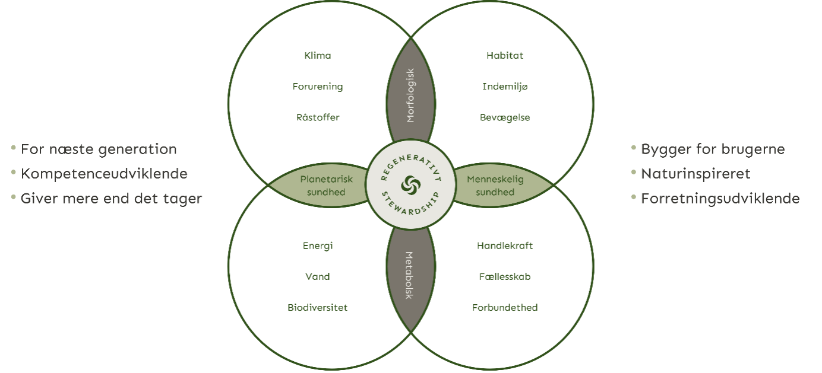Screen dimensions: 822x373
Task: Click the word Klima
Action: point(317,55)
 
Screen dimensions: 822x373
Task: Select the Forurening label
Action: point(317,87)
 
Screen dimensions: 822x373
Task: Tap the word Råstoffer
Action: point(318,117)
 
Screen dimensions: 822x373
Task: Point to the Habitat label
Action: point(505,55)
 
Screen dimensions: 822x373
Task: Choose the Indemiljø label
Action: point(505,87)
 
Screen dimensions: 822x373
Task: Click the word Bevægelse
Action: point(505,117)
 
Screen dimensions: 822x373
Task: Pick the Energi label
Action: point(317,246)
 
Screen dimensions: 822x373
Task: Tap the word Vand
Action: point(317,276)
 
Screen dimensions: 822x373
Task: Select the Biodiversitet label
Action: point(317,307)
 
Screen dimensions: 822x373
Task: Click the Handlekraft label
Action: point(505,246)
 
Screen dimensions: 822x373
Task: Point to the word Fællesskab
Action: point(505,276)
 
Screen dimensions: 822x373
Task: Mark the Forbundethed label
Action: point(505,307)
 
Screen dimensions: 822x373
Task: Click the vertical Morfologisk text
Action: point(410,95)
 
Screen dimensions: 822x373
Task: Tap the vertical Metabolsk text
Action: point(409,275)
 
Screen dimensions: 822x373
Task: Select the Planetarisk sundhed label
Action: point(326,186)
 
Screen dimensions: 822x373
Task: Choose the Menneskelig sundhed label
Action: point(495,186)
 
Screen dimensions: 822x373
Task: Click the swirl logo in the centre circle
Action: point(410,184)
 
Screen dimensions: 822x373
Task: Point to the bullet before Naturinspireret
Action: point(633,172)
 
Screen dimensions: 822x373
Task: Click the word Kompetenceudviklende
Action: point(104,174)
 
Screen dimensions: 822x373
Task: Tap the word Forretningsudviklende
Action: point(720,199)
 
